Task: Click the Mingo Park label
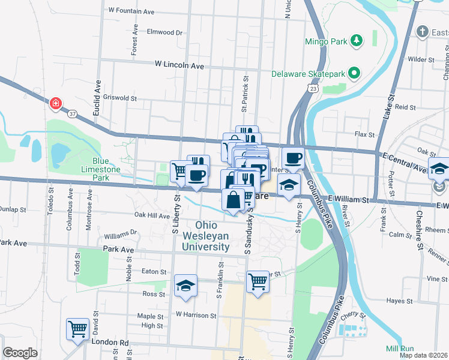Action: [x=327, y=41]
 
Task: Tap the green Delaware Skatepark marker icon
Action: [x=354, y=74]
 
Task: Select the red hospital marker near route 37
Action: [x=56, y=103]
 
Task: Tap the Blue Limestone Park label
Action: [x=101, y=169]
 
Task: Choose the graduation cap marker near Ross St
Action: [x=186, y=286]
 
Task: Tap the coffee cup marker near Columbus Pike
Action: [x=292, y=158]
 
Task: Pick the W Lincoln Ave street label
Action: [x=179, y=64]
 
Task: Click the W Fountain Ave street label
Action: [x=131, y=11]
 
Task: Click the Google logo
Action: [x=20, y=353]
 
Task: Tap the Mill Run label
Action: [x=400, y=349]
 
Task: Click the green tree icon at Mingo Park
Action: [x=357, y=41]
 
